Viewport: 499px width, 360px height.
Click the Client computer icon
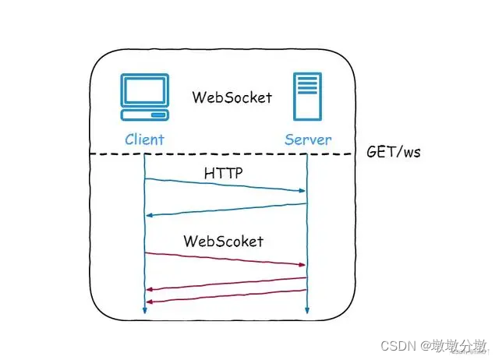click(145, 97)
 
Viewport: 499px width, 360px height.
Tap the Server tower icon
click(307, 97)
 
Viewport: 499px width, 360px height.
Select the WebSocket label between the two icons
click(232, 97)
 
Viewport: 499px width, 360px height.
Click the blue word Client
click(145, 140)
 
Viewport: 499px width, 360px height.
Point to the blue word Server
click(307, 140)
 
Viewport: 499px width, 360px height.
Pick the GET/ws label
click(394, 152)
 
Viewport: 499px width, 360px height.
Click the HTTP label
click(223, 174)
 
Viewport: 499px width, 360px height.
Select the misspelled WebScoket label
click(224, 241)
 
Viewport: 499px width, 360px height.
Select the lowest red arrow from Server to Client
click(226, 296)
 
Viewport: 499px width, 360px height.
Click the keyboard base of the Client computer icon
click(145, 115)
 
